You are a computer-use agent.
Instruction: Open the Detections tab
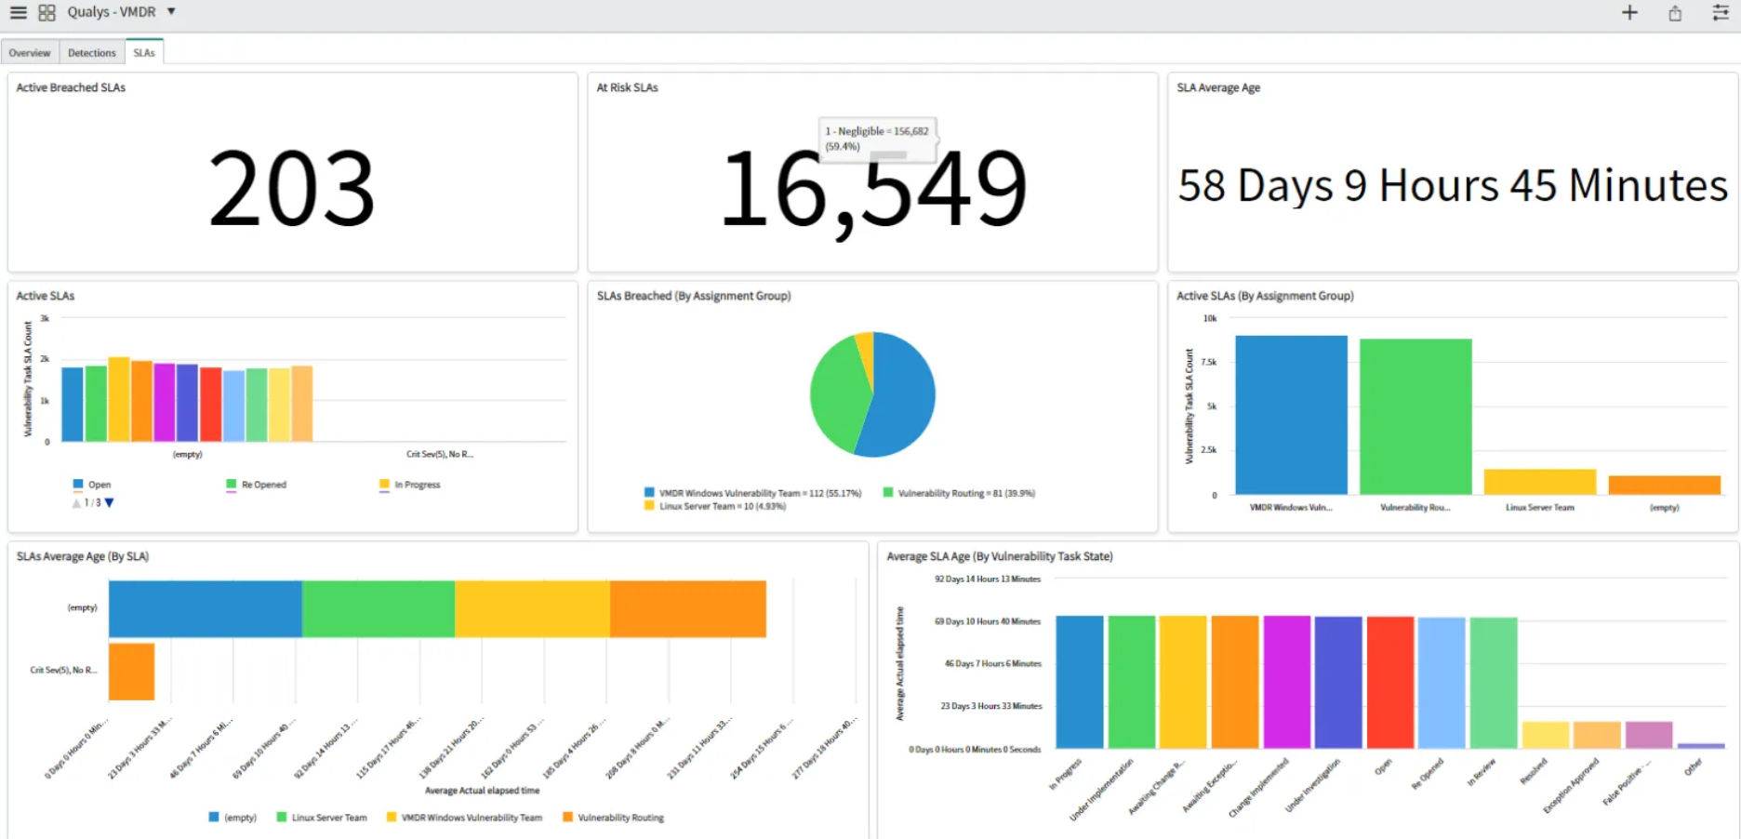pyautogui.click(x=91, y=53)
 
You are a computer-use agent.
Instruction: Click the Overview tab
pyautogui.click(x=30, y=53)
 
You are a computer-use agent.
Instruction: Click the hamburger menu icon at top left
pyautogui.click(x=18, y=12)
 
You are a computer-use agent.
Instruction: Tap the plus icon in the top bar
pyautogui.click(x=1629, y=13)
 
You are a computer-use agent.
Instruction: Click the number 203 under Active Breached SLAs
pyautogui.click(x=292, y=189)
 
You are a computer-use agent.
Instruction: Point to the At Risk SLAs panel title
pyautogui.click(x=627, y=87)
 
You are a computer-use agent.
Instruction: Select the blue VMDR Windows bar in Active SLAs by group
pyautogui.click(x=1291, y=414)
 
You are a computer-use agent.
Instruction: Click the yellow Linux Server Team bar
pyautogui.click(x=1539, y=482)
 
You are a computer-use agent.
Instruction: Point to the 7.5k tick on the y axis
pyautogui.click(x=1209, y=362)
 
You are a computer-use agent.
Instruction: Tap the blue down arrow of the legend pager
pyautogui.click(x=109, y=503)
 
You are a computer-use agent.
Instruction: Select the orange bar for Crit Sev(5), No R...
pyautogui.click(x=131, y=671)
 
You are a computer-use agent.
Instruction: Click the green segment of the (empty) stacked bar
pyautogui.click(x=378, y=608)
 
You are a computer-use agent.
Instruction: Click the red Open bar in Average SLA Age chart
pyautogui.click(x=1389, y=682)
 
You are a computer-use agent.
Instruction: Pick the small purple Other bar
pyautogui.click(x=1700, y=745)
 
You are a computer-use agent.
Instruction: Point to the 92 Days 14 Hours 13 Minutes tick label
pyautogui.click(x=987, y=579)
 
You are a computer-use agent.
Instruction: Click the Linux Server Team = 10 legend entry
pyautogui.click(x=715, y=507)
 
